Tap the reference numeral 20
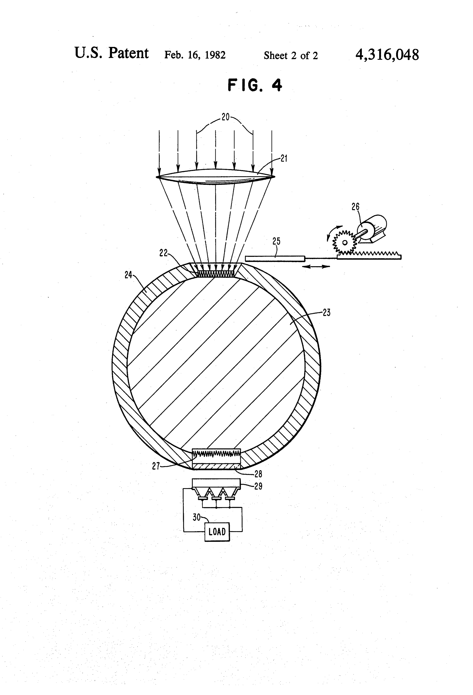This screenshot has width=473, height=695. pyautogui.click(x=225, y=117)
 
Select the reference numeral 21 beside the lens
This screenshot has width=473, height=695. pyautogui.click(x=284, y=158)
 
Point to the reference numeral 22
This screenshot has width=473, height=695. pyautogui.click(x=163, y=253)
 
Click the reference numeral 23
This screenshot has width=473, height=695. pyautogui.click(x=327, y=313)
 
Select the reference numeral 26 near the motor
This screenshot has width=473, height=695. pyautogui.click(x=355, y=207)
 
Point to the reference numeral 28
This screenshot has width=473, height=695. pyautogui.click(x=258, y=474)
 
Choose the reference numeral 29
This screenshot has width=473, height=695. pyautogui.click(x=258, y=486)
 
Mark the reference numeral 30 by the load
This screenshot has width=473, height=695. pyautogui.click(x=196, y=518)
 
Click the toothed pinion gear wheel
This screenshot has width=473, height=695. pyautogui.click(x=345, y=242)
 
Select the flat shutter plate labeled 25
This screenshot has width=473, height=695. pyautogui.click(x=275, y=259)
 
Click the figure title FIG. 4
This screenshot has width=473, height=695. pyautogui.click(x=255, y=85)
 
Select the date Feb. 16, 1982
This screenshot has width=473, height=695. pyautogui.click(x=195, y=55)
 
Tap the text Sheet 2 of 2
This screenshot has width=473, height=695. pyautogui.click(x=291, y=56)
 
